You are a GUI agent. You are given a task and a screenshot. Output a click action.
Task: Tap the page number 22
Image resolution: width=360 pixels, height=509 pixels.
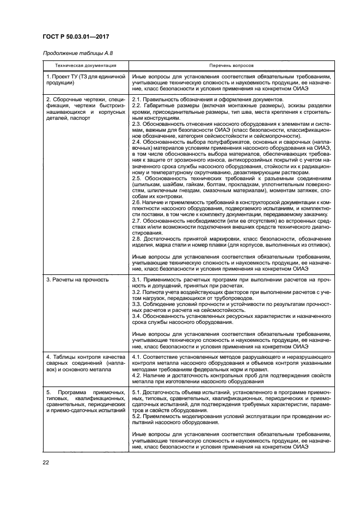pyautogui.click(x=45, y=463)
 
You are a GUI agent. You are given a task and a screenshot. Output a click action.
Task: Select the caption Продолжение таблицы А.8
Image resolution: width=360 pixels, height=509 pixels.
pyautogui.click(x=78, y=53)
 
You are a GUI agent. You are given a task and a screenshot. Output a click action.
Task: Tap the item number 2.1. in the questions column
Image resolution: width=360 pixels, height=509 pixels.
pyautogui.click(x=137, y=100)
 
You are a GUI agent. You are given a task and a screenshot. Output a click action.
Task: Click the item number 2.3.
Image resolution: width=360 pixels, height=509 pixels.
pyautogui.click(x=137, y=124)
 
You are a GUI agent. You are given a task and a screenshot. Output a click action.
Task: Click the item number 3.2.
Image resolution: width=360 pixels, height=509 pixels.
pyautogui.click(x=137, y=292)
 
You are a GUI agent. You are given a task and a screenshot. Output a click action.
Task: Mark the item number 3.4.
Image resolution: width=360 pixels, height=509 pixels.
pyautogui.click(x=137, y=316)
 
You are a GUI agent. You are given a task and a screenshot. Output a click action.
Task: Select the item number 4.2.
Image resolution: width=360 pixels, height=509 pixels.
pyautogui.click(x=137, y=375)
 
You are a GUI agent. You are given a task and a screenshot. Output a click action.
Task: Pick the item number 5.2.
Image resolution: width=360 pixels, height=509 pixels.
pyautogui.click(x=137, y=416)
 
